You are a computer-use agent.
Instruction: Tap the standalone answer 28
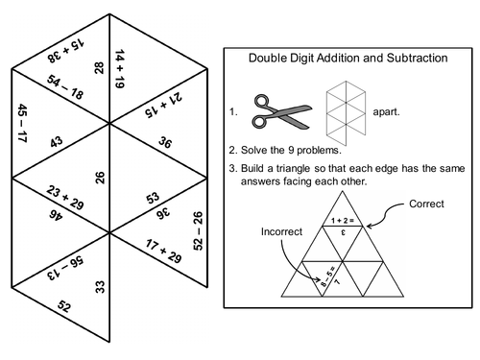point(98,67)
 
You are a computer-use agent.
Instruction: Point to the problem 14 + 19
point(121,68)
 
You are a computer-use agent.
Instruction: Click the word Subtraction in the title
point(410,58)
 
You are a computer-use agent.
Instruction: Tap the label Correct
point(427,204)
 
